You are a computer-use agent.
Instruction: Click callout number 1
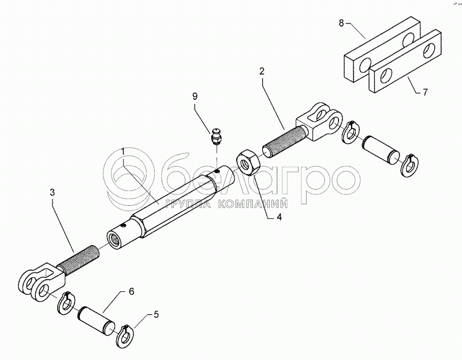tap(122, 152)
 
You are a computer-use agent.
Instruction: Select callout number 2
tap(262, 72)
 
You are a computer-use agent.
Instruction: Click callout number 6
tap(131, 291)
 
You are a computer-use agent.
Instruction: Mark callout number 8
tap(341, 23)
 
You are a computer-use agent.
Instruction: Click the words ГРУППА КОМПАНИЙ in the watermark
tap(226, 204)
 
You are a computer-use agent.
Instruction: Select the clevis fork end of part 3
tap(39, 282)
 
